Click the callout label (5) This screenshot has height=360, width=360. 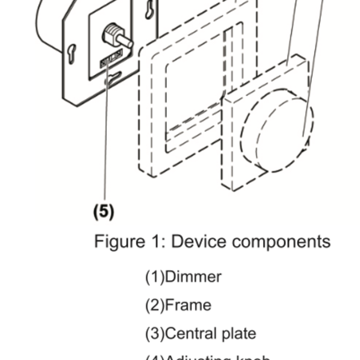click(x=103, y=211)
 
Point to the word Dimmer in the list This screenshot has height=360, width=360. click(x=193, y=276)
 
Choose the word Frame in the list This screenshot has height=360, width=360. click(x=188, y=305)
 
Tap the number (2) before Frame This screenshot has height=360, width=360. click(x=155, y=305)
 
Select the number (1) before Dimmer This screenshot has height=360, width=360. click(x=155, y=276)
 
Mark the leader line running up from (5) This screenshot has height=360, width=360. click(x=105, y=138)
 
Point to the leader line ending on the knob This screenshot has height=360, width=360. click(x=313, y=66)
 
